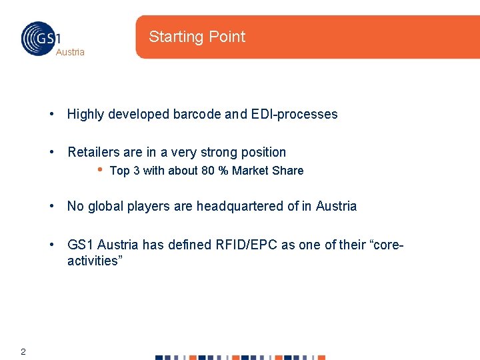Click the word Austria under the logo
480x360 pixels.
pos(70,52)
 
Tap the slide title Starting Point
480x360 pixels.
pos(197,37)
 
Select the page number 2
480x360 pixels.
pos(23,351)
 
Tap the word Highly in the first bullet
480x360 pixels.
pos(85,114)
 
